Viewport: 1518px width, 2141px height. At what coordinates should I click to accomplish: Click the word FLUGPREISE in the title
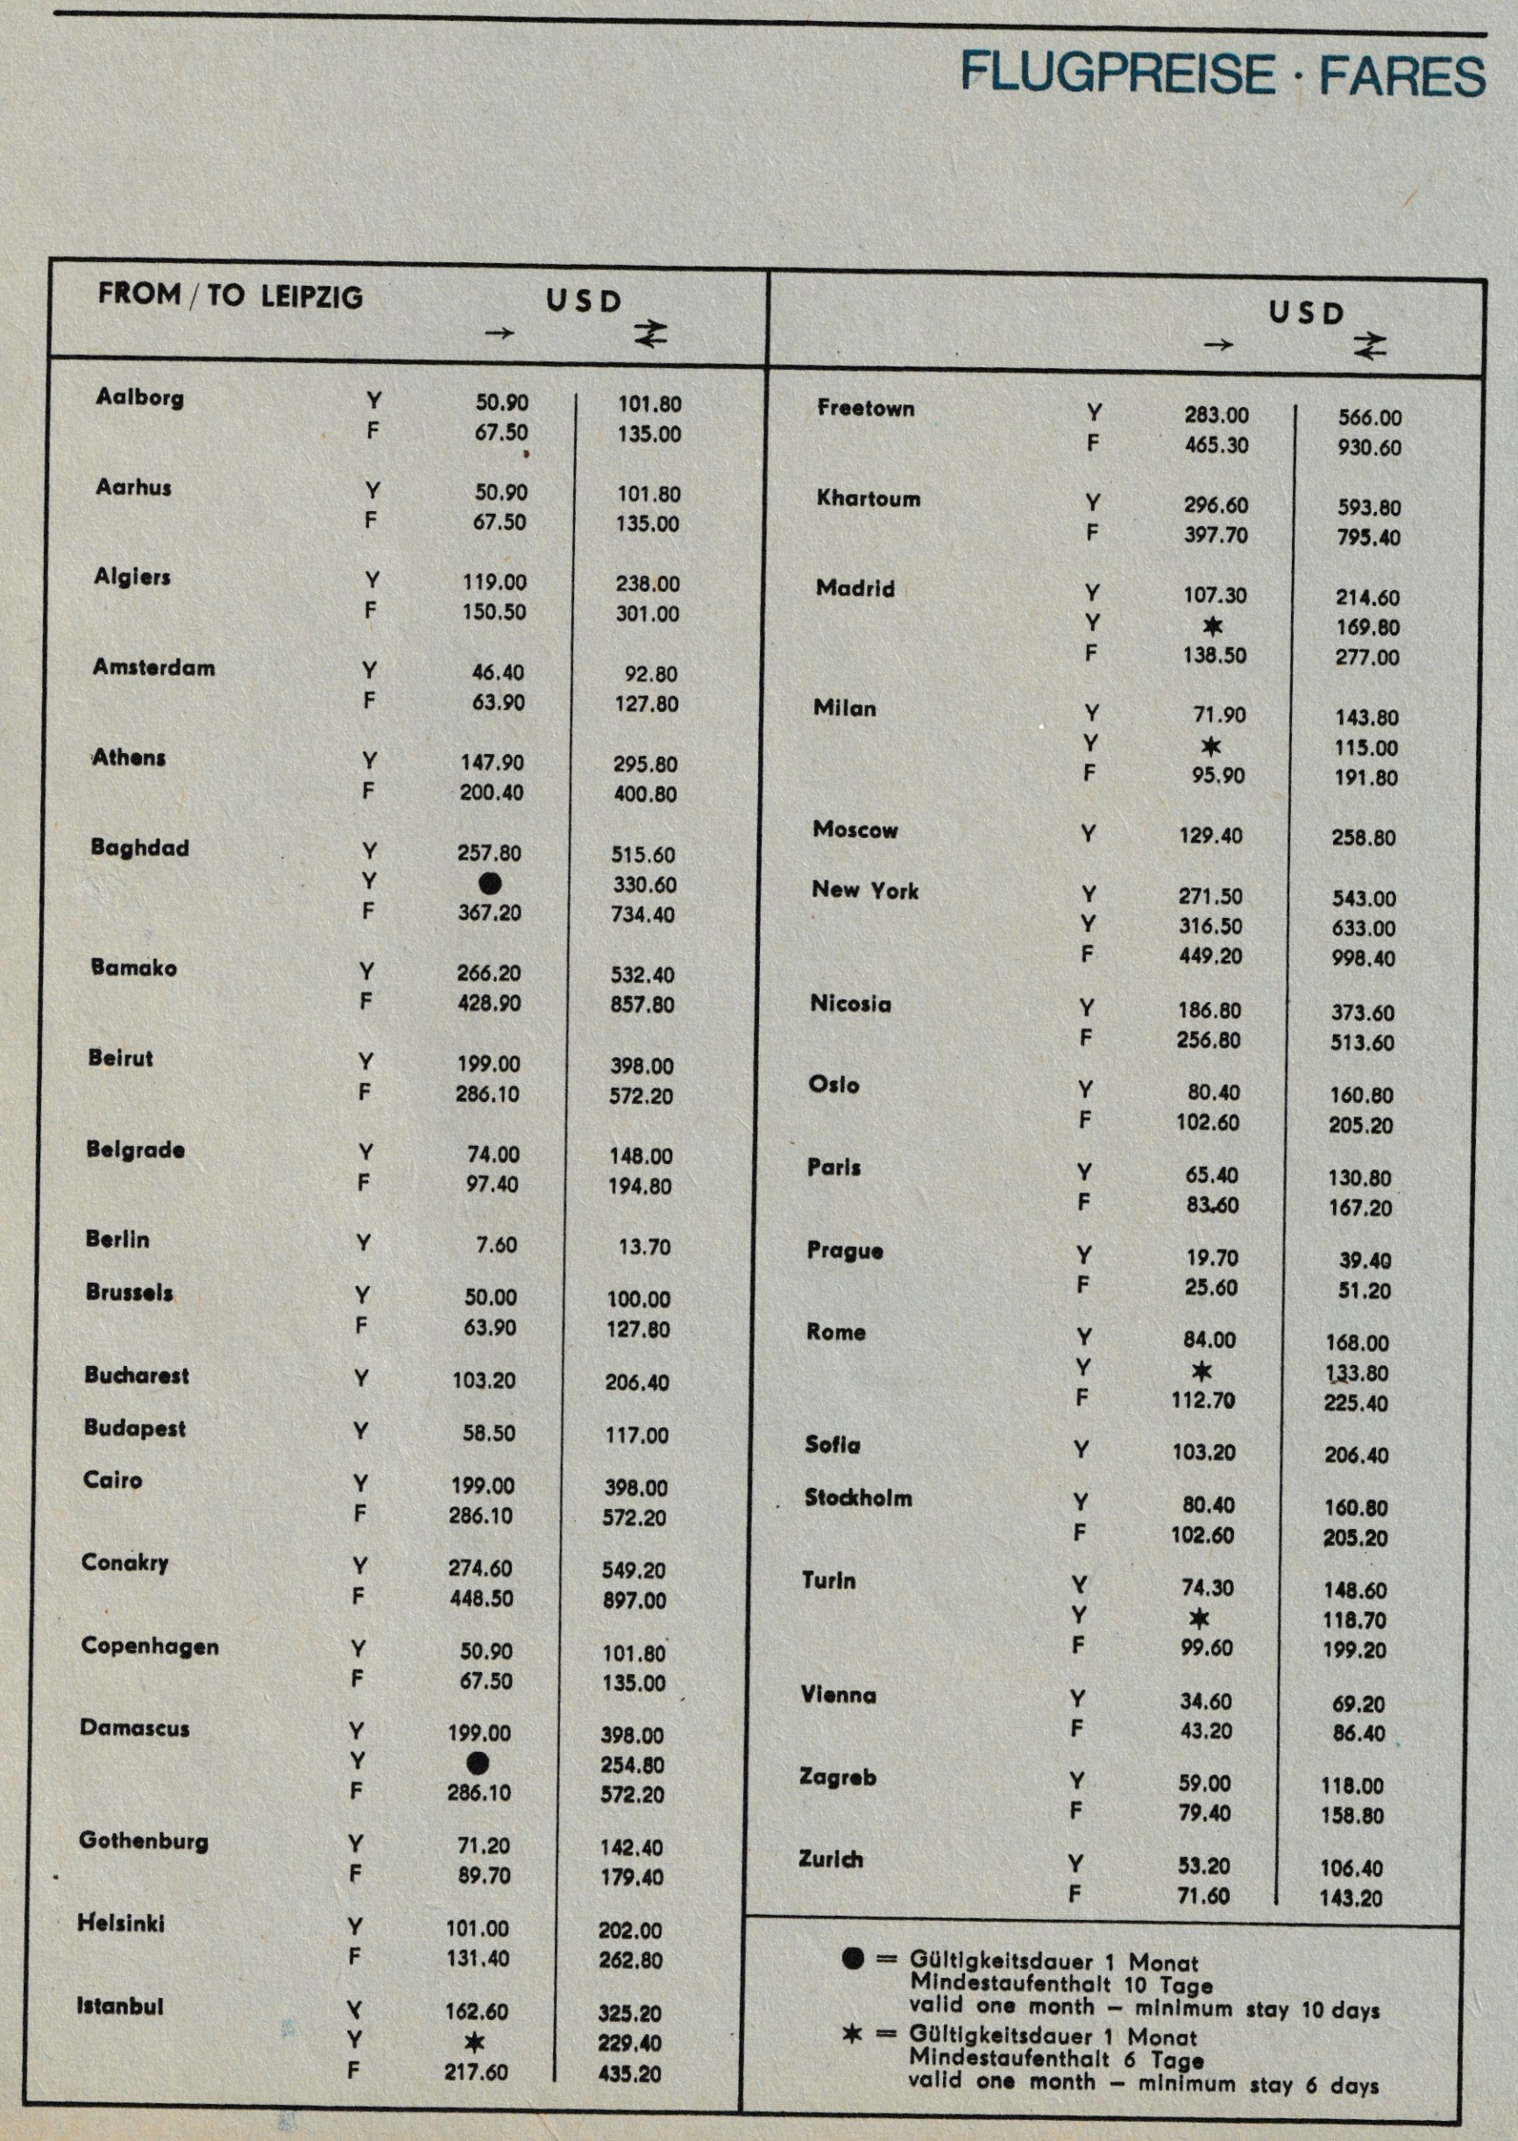[1118, 74]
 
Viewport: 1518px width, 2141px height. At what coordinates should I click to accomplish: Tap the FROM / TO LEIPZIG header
[230, 295]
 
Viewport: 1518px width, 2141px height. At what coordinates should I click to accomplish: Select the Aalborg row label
[139, 397]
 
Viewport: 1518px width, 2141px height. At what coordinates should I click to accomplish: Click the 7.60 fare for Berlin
[495, 1244]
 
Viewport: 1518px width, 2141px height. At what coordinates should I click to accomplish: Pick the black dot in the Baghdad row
[489, 883]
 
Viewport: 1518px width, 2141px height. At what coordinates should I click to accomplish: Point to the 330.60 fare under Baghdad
[643, 885]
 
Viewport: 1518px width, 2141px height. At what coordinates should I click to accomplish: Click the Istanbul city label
[120, 2005]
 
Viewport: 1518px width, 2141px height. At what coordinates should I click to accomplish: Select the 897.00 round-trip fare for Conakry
[634, 1600]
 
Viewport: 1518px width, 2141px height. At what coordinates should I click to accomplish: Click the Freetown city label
[866, 408]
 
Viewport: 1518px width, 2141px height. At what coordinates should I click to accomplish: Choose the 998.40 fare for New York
[1363, 958]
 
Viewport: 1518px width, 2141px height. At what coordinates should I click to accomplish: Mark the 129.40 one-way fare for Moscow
[1210, 835]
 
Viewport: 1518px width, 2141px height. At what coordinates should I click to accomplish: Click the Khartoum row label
[869, 498]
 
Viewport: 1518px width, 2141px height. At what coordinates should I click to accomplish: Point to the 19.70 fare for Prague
[1211, 1257]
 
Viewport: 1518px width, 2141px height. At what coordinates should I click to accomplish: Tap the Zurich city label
[830, 1859]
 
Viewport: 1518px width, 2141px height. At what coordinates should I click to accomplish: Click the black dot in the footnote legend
[853, 1959]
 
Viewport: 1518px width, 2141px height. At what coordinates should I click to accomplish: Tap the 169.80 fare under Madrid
[1367, 628]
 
